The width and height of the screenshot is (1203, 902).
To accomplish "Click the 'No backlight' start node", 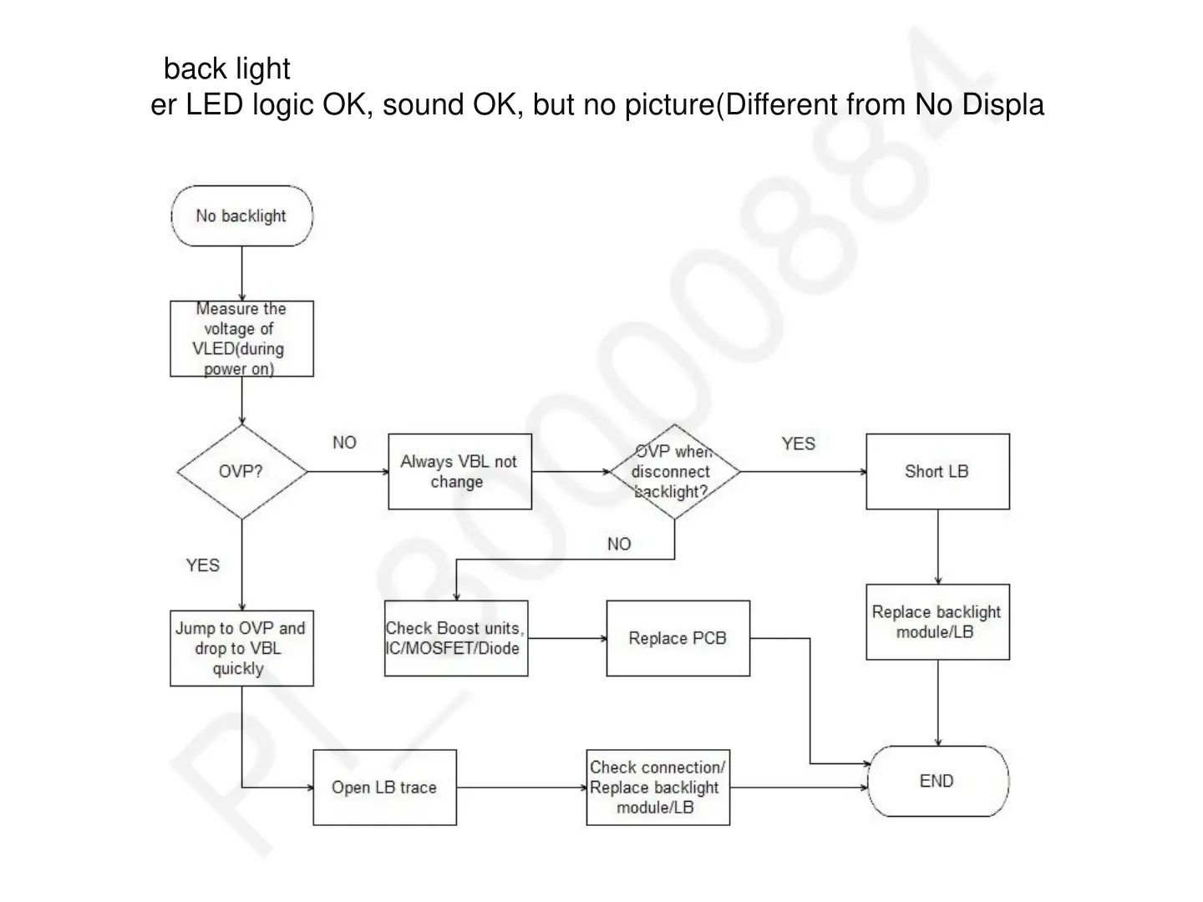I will coord(241,215).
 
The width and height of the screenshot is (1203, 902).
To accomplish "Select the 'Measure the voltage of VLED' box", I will coord(241,338).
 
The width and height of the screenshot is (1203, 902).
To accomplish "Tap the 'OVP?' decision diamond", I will coord(241,471).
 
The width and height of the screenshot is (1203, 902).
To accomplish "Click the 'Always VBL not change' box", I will coord(459,471).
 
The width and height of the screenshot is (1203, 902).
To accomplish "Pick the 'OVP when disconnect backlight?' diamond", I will coord(674,471).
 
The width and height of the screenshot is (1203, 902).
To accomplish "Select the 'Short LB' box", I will coord(937,471).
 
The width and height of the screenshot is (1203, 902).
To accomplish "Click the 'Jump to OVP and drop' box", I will coord(241,648).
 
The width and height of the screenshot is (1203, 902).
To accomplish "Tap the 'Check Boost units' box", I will coord(456,638).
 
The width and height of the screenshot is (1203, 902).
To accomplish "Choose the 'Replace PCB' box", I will coord(678,638).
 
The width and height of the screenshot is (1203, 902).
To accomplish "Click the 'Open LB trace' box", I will coord(384,787).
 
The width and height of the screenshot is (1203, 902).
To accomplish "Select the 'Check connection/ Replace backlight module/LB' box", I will coord(657,787).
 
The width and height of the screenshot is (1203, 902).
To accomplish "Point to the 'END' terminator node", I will coord(937,781).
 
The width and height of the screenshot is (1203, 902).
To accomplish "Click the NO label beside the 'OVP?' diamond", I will coord(344,443).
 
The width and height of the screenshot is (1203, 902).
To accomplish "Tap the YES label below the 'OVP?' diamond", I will coord(202,565).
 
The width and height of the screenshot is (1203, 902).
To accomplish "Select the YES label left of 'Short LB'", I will coord(798,443).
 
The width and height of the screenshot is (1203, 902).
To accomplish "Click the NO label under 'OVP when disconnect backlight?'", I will coord(619,545).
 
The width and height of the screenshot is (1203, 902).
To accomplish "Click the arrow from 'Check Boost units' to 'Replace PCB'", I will coord(567,639).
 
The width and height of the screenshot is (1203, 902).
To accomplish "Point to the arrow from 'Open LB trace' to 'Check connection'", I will coord(521,787).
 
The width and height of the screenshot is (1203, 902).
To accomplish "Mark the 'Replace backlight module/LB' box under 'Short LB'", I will coord(937,622).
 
